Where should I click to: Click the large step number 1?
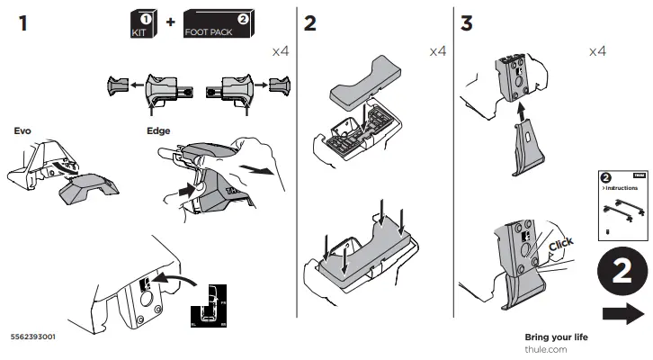[x=22, y=23]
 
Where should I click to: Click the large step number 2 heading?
[x=310, y=23]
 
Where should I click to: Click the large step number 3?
[x=466, y=23]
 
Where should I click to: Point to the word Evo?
[x=22, y=130]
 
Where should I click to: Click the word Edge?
[x=158, y=130]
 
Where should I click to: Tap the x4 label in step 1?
[x=282, y=52]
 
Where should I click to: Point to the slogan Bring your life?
[x=556, y=337]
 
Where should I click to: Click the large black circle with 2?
[x=621, y=272]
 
